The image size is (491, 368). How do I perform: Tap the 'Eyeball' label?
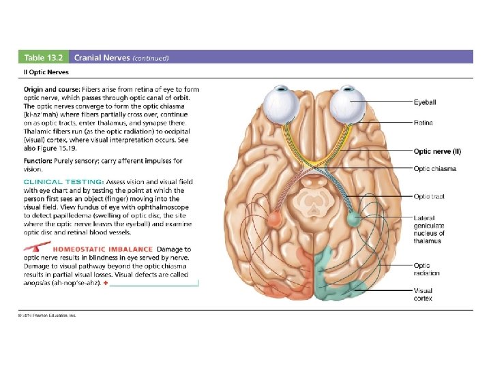pyautogui.click(x=424, y=102)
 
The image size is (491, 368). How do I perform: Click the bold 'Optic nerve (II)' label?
pyautogui.click(x=437, y=151)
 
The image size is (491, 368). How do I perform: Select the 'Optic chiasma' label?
pyautogui.click(x=434, y=168)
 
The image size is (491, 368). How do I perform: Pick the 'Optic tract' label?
pyautogui.click(x=429, y=196)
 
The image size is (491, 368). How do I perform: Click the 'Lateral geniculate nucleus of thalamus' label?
pyautogui.click(x=429, y=230)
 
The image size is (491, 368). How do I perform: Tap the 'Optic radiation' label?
pyautogui.click(x=427, y=269)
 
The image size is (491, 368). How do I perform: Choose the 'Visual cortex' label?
pyautogui.click(x=423, y=294)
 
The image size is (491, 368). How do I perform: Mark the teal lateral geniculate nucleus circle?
pyautogui.click(x=353, y=219)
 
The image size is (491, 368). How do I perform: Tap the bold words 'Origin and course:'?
pyautogui.click(x=51, y=89)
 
